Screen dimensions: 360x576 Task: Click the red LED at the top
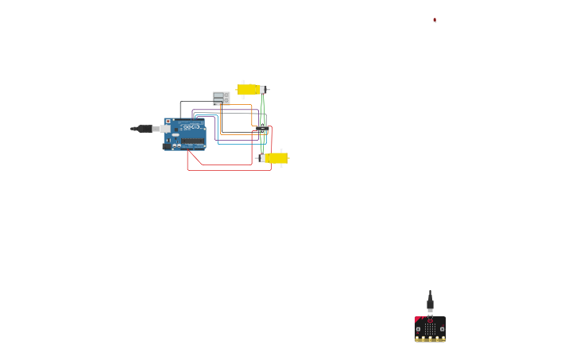click(x=435, y=20)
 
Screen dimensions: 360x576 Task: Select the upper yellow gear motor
click(x=249, y=90)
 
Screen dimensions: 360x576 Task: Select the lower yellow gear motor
click(x=276, y=158)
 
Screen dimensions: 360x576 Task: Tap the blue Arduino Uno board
click(x=185, y=134)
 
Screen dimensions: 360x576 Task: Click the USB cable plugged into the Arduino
click(x=144, y=129)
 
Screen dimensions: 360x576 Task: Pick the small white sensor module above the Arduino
click(x=220, y=98)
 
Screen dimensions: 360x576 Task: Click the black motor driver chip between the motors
click(x=262, y=128)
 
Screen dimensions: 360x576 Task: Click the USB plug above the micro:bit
click(x=430, y=304)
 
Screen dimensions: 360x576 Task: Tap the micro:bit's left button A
click(x=419, y=328)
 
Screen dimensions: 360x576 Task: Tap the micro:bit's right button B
click(x=442, y=328)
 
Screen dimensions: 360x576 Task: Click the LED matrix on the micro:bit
click(x=430, y=327)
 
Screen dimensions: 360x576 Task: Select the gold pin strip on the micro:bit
click(x=430, y=339)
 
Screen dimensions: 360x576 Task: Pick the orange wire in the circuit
click(x=252, y=115)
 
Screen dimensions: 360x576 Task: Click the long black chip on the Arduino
click(x=193, y=141)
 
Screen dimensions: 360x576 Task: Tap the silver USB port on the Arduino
click(x=165, y=128)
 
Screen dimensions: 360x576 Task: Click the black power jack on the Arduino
click(x=167, y=146)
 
